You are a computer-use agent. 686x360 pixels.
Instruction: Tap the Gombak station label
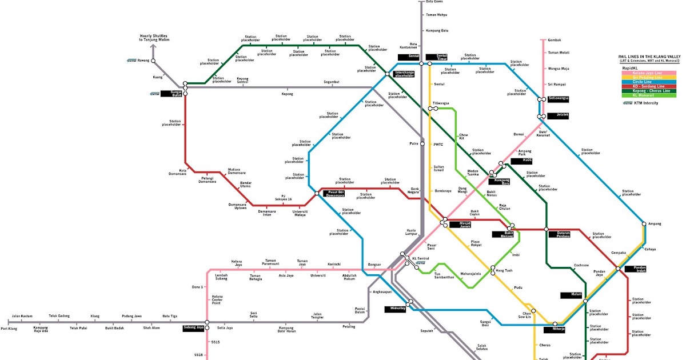pos(555,40)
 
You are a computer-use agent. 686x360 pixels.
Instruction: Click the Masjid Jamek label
pos(464,225)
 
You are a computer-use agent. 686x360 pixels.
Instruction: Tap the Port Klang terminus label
pos(9,328)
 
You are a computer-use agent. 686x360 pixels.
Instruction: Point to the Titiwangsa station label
pos(440,103)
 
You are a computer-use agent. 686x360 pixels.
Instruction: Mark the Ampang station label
pos(655,223)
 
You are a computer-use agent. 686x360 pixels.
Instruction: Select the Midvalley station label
pos(394,309)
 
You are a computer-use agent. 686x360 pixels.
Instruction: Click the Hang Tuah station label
pos(504,270)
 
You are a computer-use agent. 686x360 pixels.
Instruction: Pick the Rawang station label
pos(143,61)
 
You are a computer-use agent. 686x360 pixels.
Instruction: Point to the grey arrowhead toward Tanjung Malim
pos(153,48)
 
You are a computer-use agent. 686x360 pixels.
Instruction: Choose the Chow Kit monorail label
pos(464,137)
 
